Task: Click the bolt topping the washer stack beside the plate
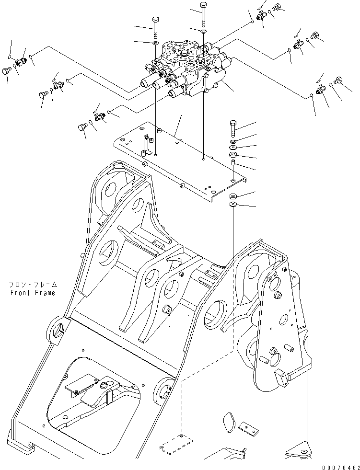pos(232,127)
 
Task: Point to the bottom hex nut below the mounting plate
pos(232,205)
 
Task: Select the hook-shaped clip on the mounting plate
pos(146,144)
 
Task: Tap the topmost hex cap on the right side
pos(277,8)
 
